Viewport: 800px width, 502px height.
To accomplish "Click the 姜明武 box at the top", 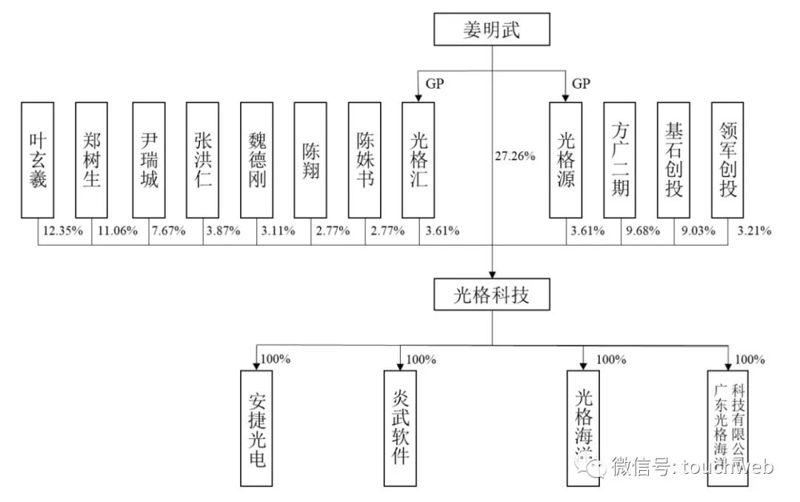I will click(492, 30).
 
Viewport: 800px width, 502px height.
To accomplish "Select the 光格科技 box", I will click(492, 296).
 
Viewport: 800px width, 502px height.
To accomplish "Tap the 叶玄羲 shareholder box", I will click(38, 160).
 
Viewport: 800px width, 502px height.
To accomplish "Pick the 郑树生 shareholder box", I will click(92, 160).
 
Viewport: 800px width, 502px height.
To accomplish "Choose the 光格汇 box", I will click(419, 160).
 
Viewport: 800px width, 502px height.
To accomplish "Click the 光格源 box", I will click(565, 160).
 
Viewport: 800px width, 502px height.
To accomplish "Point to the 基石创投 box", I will click(674, 160).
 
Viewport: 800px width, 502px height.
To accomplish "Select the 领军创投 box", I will click(727, 160).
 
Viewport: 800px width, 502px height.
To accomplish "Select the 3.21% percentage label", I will click(754, 230).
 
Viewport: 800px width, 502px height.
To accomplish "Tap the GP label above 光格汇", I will click(435, 84).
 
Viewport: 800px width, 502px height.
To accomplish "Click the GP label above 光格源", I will click(581, 84).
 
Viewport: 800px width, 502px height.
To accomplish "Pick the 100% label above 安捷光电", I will click(276, 360).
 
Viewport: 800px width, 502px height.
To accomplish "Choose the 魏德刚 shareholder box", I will click(256, 160).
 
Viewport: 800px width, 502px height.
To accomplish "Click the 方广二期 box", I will click(620, 160).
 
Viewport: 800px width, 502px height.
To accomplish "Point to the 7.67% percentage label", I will click(170, 230).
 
